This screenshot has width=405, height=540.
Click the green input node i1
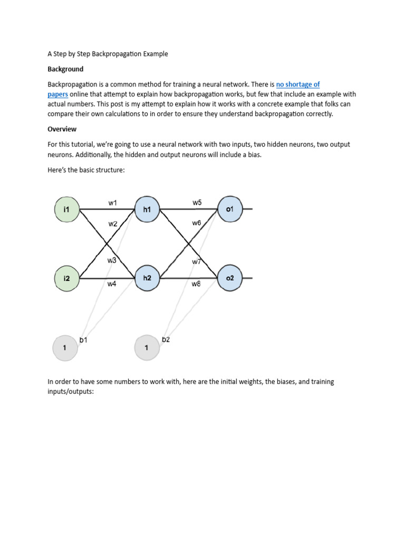[x=66, y=209]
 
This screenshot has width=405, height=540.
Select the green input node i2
[x=66, y=278]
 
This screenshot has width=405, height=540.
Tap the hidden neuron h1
[x=147, y=209]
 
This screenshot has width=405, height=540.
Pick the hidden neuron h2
[x=147, y=278]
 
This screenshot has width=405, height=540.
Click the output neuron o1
[x=229, y=209]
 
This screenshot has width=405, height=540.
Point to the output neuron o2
[x=229, y=278]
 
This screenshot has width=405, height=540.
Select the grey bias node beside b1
[x=64, y=348]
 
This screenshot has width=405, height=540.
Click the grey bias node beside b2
[x=147, y=348]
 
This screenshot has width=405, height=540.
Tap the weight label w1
[x=113, y=202]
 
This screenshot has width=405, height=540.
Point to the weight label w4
[x=112, y=284]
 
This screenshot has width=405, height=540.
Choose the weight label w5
[x=197, y=202]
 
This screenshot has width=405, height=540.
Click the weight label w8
[x=196, y=284]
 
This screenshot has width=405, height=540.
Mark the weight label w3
[x=112, y=261]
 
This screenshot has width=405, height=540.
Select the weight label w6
[x=196, y=223]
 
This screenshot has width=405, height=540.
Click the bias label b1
[x=83, y=340]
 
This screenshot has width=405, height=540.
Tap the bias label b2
[x=166, y=340]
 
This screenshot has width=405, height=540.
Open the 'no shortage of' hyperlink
[x=298, y=84]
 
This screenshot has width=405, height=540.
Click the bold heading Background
[x=65, y=69]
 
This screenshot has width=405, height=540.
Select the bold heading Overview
[x=62, y=129]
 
